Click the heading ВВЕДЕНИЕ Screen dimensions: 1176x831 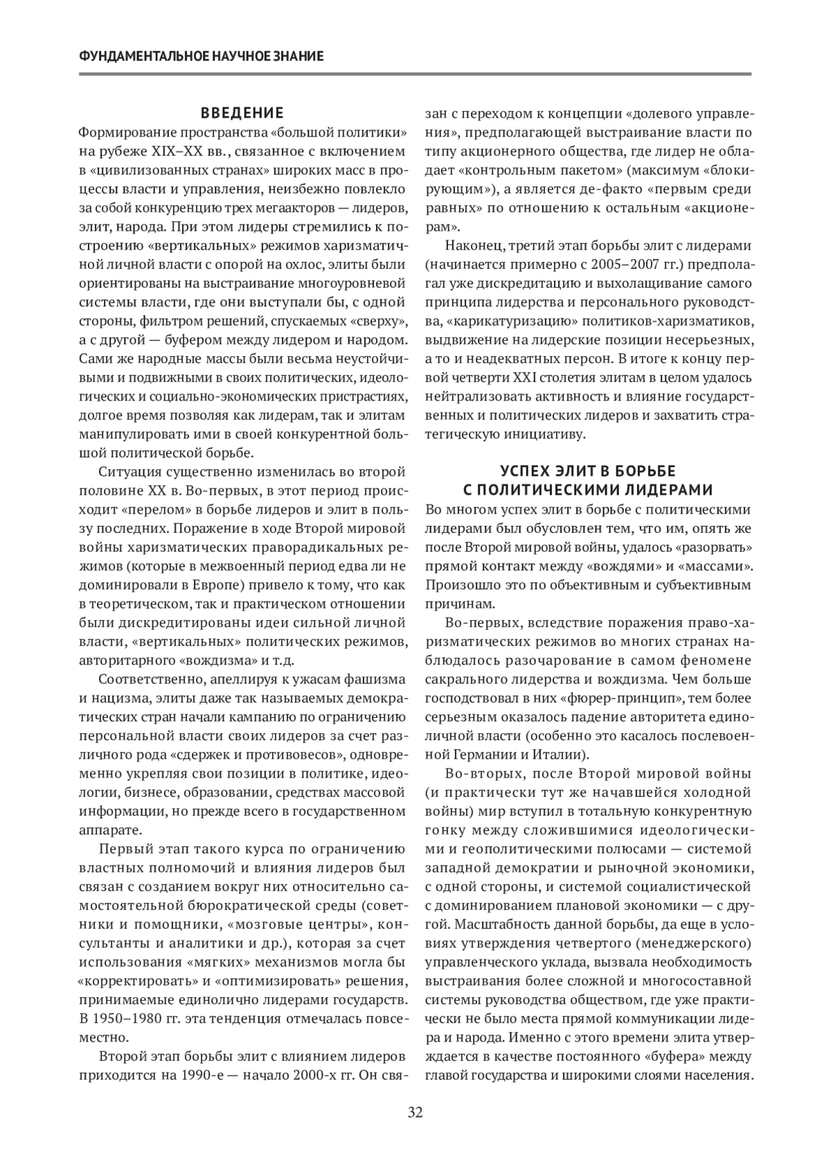tap(242, 113)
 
